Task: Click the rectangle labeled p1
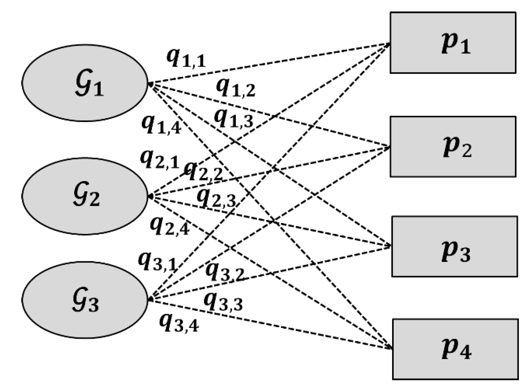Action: point(452,43)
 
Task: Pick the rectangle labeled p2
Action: point(452,147)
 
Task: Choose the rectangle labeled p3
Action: point(454,246)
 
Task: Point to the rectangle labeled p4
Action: point(455,349)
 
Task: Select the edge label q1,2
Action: point(235,88)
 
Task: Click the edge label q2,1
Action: point(159,159)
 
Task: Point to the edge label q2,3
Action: point(216,198)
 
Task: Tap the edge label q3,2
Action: point(225,271)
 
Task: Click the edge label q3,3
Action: point(223,302)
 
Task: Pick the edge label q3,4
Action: point(179,323)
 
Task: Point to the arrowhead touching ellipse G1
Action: point(150,83)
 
